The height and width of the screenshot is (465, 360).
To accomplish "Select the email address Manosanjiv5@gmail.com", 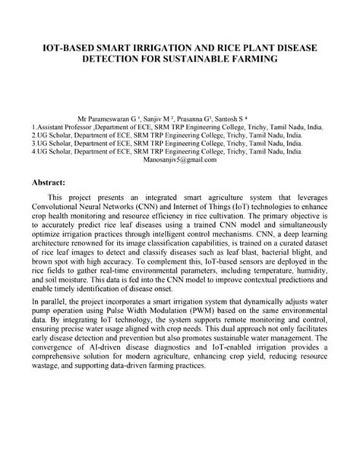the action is point(180,160).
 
